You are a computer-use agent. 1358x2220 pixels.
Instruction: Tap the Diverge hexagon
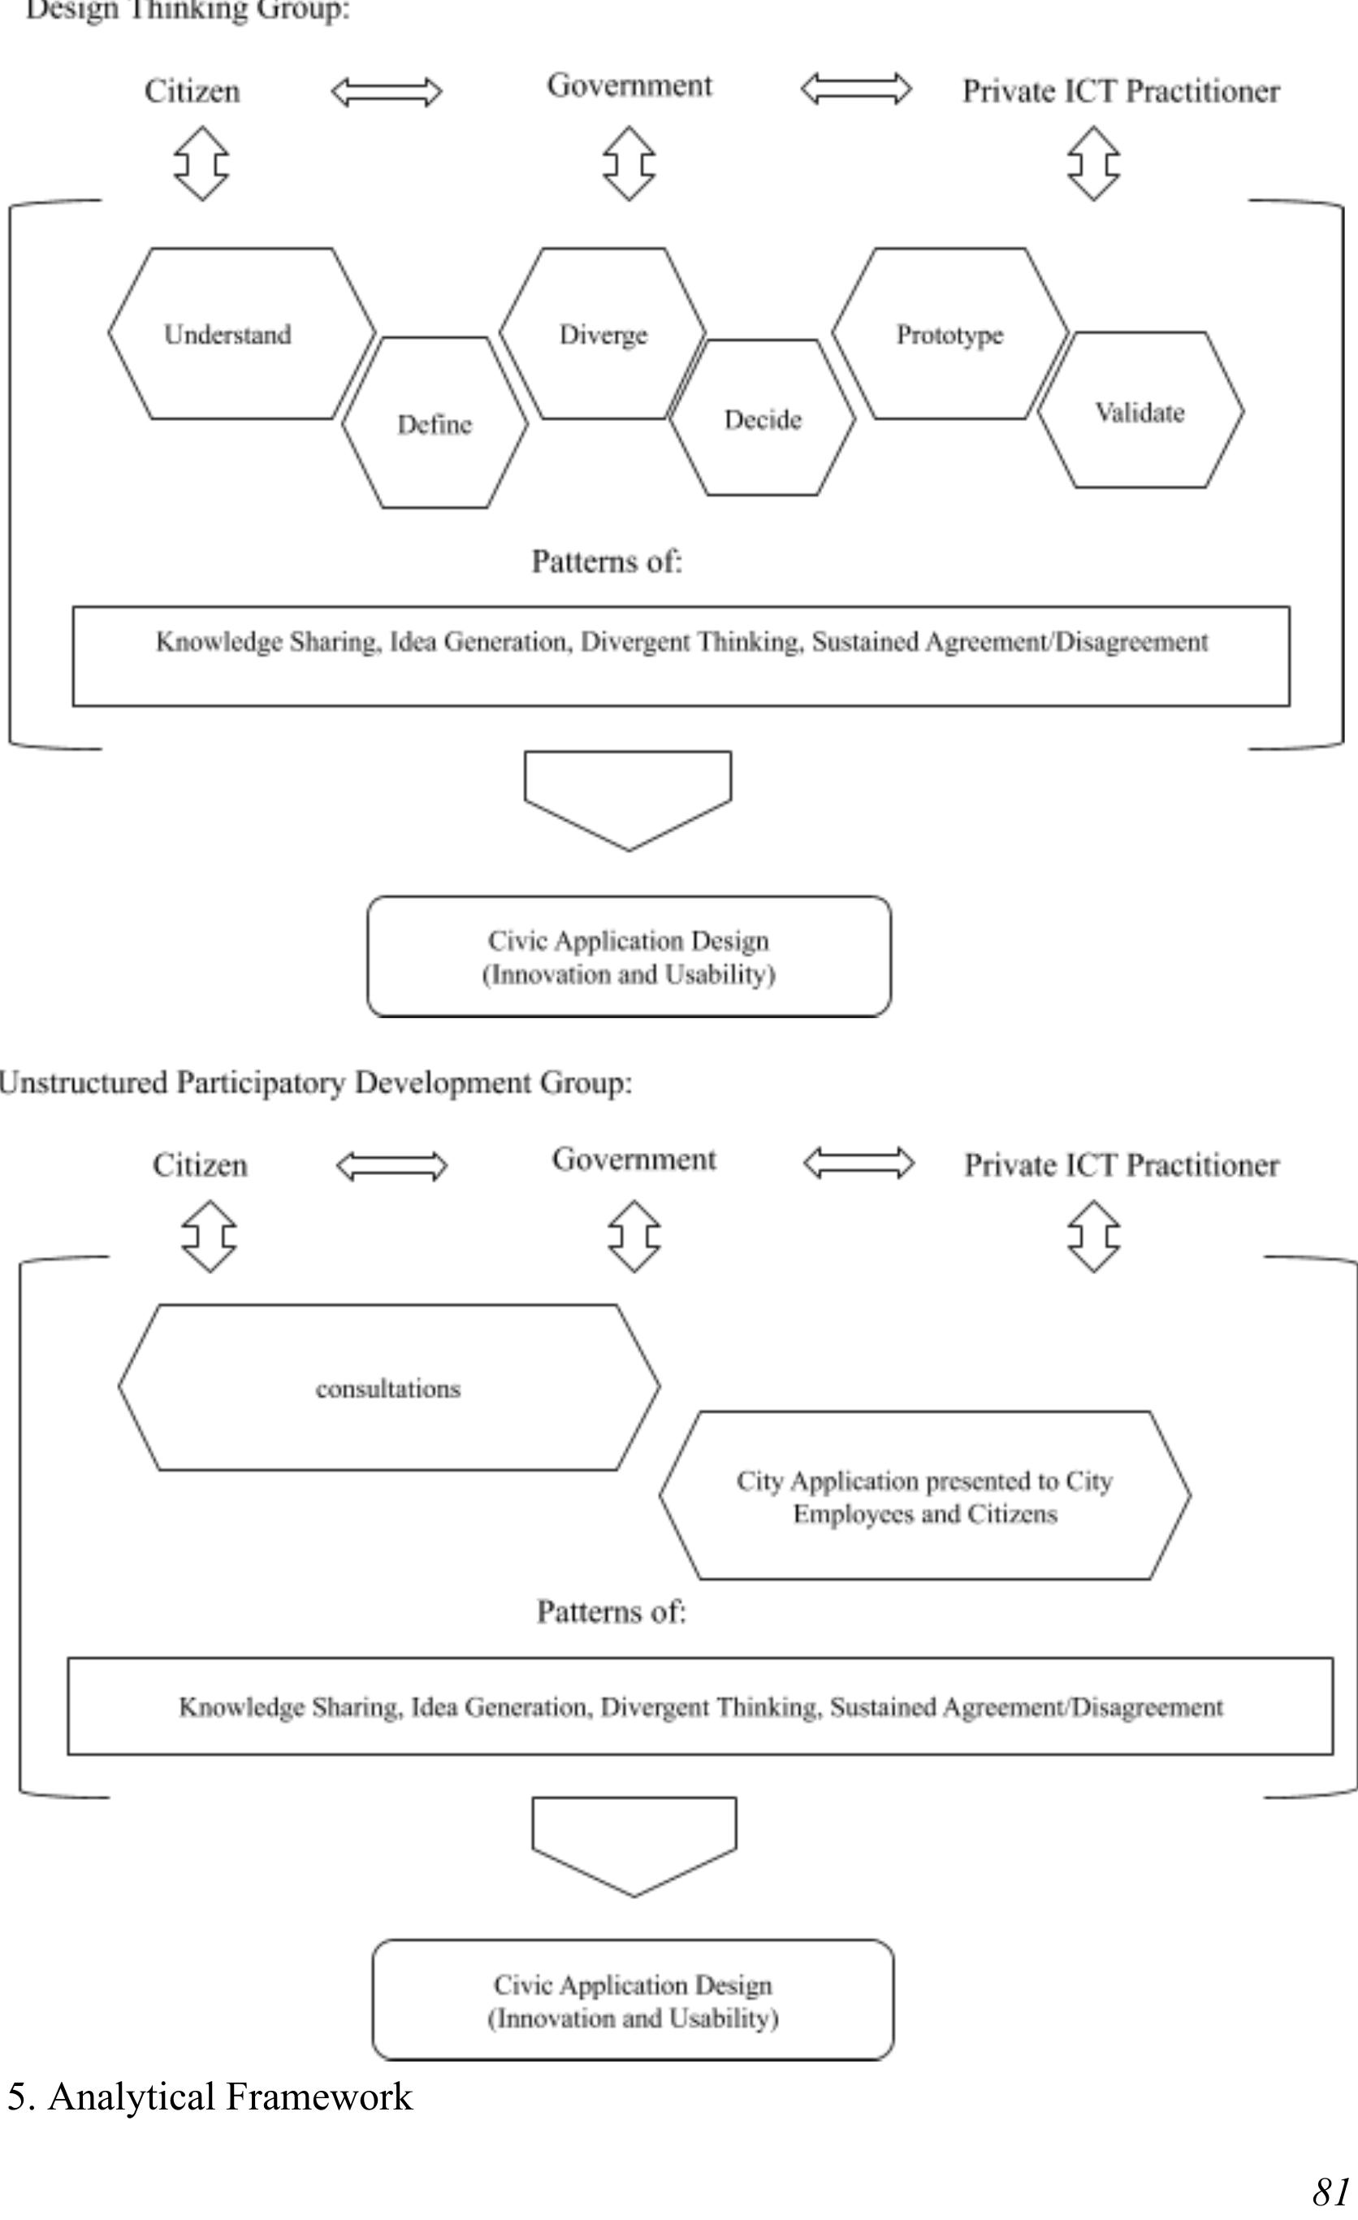tap(603, 334)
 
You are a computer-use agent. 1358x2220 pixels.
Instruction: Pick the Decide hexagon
tap(762, 419)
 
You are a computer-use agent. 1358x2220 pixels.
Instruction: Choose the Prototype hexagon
tap(949, 334)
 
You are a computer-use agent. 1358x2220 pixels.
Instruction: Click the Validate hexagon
tap(1140, 412)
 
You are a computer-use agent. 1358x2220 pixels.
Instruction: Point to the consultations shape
tap(388, 1389)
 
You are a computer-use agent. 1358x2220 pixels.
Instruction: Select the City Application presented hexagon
tap(924, 1497)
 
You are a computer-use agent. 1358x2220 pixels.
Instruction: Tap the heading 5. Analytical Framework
tap(210, 2096)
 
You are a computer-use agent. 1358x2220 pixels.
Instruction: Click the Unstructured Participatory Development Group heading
tap(315, 1082)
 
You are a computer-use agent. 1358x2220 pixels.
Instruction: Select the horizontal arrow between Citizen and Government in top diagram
tap(387, 92)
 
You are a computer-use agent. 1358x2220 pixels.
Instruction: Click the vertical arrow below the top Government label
tap(629, 163)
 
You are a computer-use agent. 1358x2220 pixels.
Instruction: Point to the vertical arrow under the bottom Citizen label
tap(209, 1236)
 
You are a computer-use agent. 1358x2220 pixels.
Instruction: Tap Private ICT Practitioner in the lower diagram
tap(1121, 1165)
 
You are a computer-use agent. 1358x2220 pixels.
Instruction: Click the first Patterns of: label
tap(607, 562)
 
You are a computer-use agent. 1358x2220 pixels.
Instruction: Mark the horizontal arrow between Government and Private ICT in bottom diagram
tap(858, 1162)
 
